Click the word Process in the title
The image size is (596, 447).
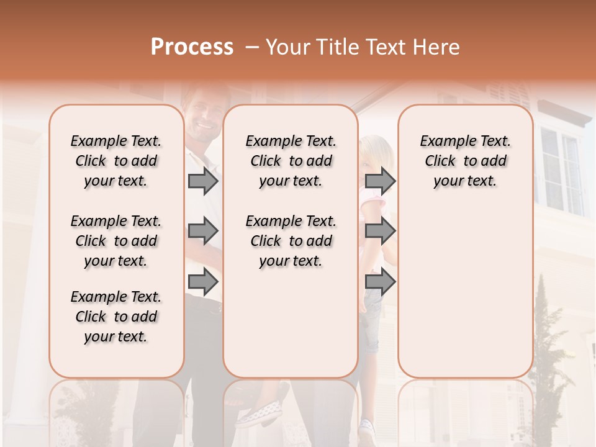point(192,47)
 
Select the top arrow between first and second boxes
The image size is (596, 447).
point(203,181)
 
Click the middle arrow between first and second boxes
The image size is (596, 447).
point(203,232)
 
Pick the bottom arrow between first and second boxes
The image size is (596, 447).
point(203,282)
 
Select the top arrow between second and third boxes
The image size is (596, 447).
point(380,181)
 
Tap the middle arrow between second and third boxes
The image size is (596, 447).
point(380,232)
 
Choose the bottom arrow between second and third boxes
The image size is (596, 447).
point(380,282)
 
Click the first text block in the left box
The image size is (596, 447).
point(116,161)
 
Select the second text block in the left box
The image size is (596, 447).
point(116,241)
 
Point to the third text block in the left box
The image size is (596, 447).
point(116,317)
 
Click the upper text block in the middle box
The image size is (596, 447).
point(291,161)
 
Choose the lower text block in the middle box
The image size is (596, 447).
point(291,241)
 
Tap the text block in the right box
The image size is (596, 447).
point(465,161)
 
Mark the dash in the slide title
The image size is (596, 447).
point(252,47)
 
